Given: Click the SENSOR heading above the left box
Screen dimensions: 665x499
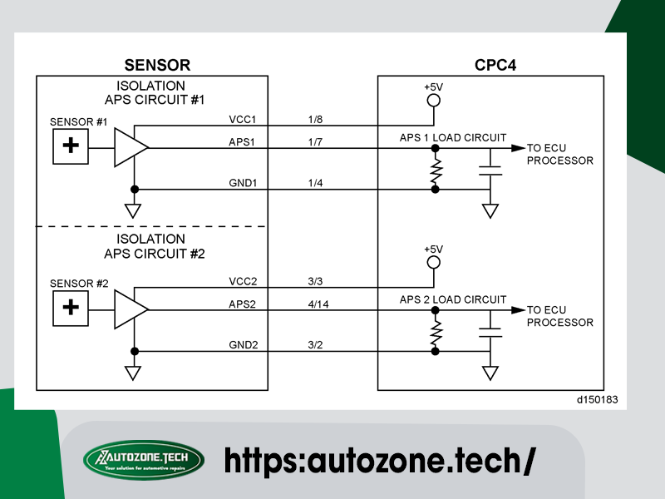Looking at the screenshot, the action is tap(157, 65).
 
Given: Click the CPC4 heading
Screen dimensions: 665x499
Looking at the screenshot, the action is tap(495, 65).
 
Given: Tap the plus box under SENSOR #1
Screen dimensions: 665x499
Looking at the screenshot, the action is tap(71, 146).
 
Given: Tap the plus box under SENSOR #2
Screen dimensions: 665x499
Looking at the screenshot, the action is tap(71, 308).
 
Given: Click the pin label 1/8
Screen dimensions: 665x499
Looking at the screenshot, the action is tap(315, 119).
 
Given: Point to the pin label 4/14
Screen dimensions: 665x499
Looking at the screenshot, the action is tap(318, 304).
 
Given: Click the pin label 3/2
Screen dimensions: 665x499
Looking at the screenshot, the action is tap(315, 344).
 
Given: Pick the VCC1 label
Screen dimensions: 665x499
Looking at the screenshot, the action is tap(243, 119).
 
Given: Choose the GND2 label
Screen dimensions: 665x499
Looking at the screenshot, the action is tap(243, 344).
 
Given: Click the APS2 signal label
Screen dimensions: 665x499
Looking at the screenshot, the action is tap(242, 304).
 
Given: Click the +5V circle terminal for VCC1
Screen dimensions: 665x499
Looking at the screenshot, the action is tap(433, 101).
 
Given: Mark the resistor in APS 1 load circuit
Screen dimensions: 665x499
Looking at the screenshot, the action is tap(436, 169).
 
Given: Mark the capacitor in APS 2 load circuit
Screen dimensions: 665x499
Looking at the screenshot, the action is tap(490, 332).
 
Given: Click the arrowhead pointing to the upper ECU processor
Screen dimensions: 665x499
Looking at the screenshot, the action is tap(518, 148).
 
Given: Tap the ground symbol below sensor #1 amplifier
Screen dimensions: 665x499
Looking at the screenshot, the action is tap(133, 211).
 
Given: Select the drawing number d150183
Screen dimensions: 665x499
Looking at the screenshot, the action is tap(597, 400).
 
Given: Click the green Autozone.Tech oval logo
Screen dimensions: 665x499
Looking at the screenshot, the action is tap(144, 460).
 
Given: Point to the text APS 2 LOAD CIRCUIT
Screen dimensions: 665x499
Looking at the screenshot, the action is tap(453, 299).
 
